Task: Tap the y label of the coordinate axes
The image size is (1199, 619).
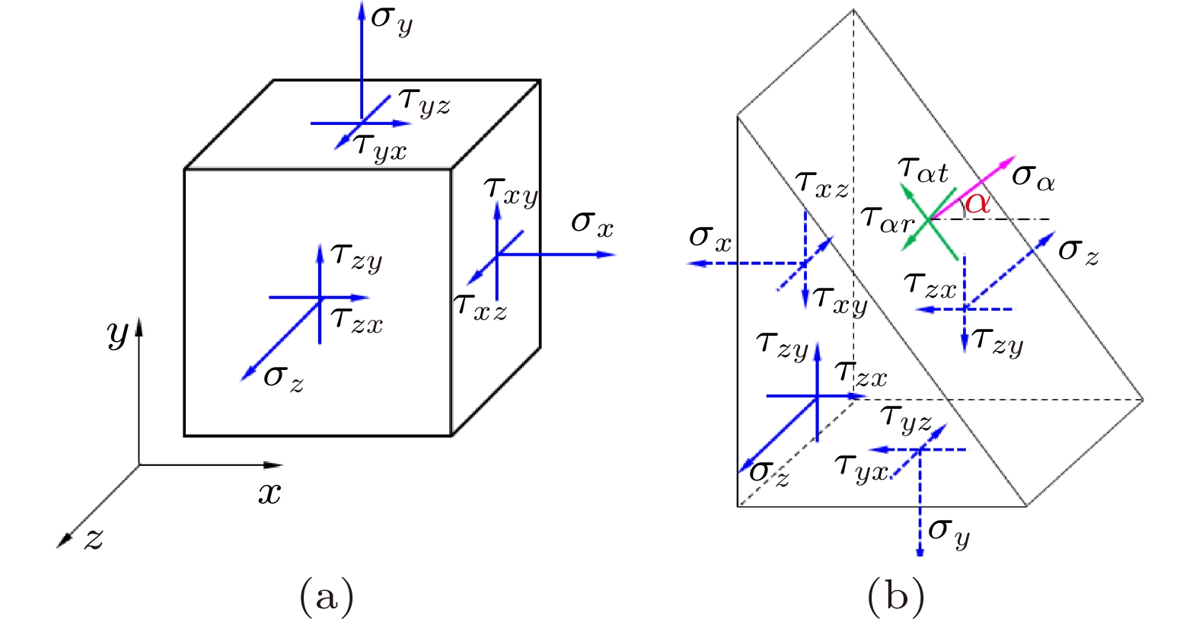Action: [118, 333]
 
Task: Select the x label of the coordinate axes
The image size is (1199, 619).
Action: [269, 493]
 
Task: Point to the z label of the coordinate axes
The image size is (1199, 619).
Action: [93, 539]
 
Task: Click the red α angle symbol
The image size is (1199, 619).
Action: [977, 203]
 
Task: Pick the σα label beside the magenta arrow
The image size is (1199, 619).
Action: [1034, 178]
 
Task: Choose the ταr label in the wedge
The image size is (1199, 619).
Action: [888, 219]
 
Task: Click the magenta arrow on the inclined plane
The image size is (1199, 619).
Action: [974, 187]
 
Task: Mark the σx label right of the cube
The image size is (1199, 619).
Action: [592, 223]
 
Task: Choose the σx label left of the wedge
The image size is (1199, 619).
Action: [710, 238]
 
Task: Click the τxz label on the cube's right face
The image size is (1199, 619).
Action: [480, 306]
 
